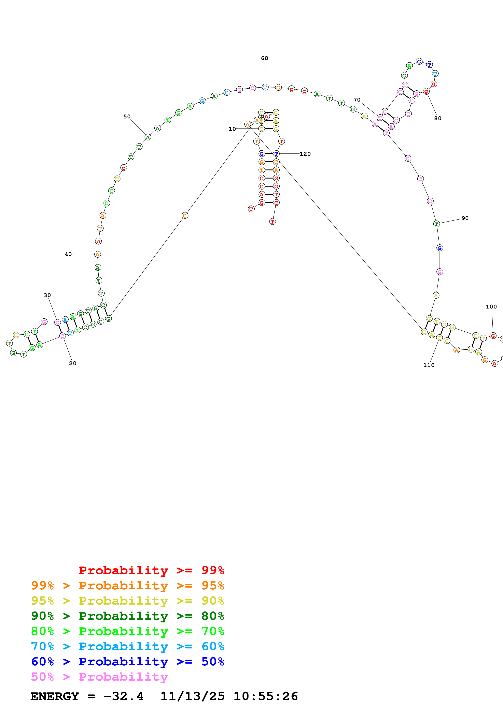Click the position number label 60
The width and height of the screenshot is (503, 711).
(264, 58)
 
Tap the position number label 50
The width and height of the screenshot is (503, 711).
(127, 116)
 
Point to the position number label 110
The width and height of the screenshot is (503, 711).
(429, 365)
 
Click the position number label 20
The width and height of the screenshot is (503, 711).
(72, 363)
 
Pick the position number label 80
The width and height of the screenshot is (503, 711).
(438, 118)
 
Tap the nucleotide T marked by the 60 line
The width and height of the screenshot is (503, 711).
(265, 87)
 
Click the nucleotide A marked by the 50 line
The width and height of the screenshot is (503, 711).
(148, 137)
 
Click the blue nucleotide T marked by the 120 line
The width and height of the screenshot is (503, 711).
(276, 154)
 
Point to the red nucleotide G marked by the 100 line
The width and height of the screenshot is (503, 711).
(493, 336)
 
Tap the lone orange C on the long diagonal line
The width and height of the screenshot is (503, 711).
(185, 215)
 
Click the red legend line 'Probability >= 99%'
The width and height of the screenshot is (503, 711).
(151, 570)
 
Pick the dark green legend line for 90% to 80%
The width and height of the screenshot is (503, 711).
(127, 616)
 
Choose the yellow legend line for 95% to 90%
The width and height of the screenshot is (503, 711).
(127, 601)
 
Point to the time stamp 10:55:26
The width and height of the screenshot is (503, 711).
(266, 696)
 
